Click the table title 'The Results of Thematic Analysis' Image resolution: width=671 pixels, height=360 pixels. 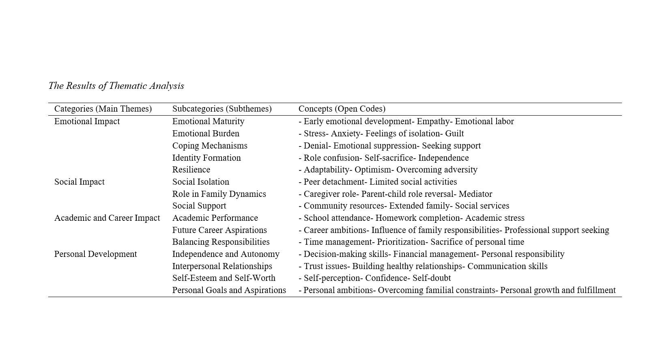pyautogui.click(x=116, y=86)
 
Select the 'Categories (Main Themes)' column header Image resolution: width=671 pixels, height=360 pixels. pyautogui.click(x=103, y=109)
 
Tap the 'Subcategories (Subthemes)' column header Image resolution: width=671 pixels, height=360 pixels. pyautogui.click(x=222, y=109)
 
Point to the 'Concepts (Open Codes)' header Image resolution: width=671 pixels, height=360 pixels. pyautogui.click(x=342, y=109)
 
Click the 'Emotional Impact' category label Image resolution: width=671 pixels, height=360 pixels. pyautogui.click(x=87, y=121)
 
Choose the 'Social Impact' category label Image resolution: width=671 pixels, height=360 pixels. pyautogui.click(x=80, y=182)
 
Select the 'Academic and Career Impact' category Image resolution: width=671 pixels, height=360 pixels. pyautogui.click(x=107, y=218)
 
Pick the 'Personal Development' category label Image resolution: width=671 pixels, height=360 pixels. pyautogui.click(x=95, y=254)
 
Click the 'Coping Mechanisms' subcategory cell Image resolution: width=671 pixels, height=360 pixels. pyautogui.click(x=210, y=146)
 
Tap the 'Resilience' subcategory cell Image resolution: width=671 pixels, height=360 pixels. pyautogui.click(x=191, y=170)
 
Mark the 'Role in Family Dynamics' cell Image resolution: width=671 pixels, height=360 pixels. pyautogui.click(x=219, y=194)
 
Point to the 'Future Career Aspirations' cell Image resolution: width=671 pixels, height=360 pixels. pyautogui.click(x=219, y=230)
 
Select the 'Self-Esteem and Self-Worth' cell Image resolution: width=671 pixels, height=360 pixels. pyautogui.click(x=224, y=278)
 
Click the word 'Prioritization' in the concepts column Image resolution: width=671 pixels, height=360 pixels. pyautogui.click(x=401, y=242)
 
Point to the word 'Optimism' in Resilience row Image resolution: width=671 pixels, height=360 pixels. pyautogui.click(x=372, y=170)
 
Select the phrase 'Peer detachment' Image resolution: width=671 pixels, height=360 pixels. pyautogui.click(x=334, y=182)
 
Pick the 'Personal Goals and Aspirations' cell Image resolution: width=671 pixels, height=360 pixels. pyautogui.click(x=229, y=290)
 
